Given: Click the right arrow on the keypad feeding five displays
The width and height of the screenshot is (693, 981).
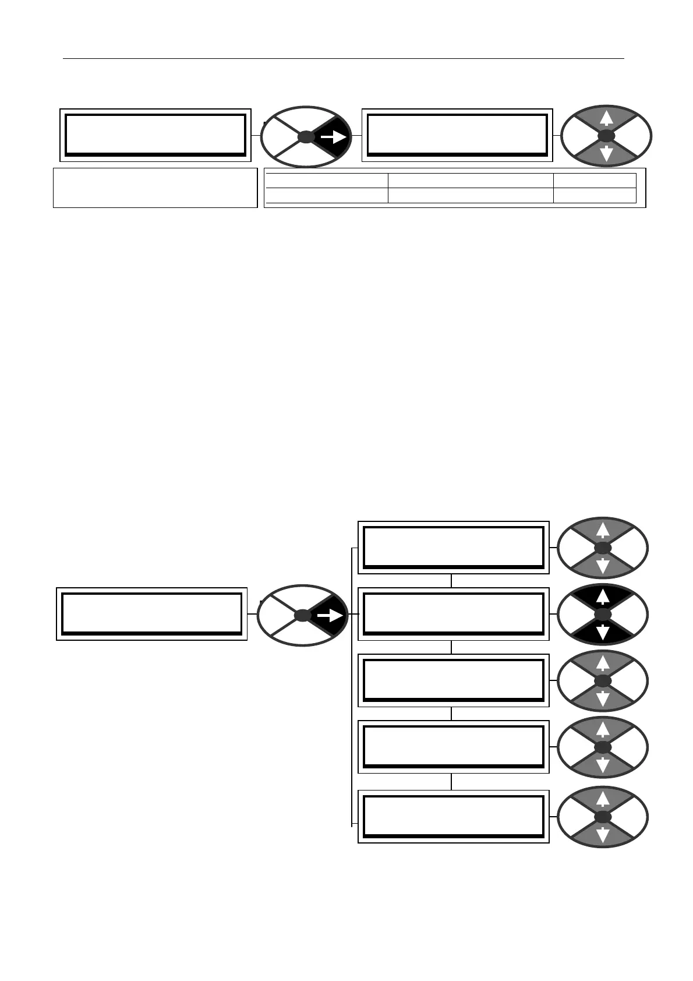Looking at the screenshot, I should [x=329, y=615].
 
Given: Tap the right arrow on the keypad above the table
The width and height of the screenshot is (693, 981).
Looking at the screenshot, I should [x=333, y=137].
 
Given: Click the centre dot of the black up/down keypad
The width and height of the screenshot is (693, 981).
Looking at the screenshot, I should [x=603, y=615].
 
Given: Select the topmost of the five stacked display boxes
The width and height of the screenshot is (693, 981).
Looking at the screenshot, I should [x=453, y=548].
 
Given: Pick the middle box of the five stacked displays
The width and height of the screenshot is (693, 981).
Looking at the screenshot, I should [x=453, y=680].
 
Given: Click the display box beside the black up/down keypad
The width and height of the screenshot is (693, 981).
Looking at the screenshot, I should [x=453, y=614].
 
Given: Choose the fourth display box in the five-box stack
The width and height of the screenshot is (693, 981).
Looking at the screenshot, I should [x=453, y=747].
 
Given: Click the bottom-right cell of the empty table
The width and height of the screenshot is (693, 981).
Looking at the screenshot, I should [x=594, y=195].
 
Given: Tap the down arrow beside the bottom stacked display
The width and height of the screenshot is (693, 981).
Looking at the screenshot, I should [x=603, y=834].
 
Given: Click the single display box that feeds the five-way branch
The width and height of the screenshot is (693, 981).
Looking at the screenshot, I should [x=152, y=614].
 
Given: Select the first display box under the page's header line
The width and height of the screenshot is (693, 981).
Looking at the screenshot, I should [x=155, y=135].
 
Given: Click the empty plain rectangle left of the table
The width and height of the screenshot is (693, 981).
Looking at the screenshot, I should [x=155, y=188].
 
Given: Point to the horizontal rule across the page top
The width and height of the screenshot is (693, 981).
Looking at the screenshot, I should [x=344, y=58].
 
